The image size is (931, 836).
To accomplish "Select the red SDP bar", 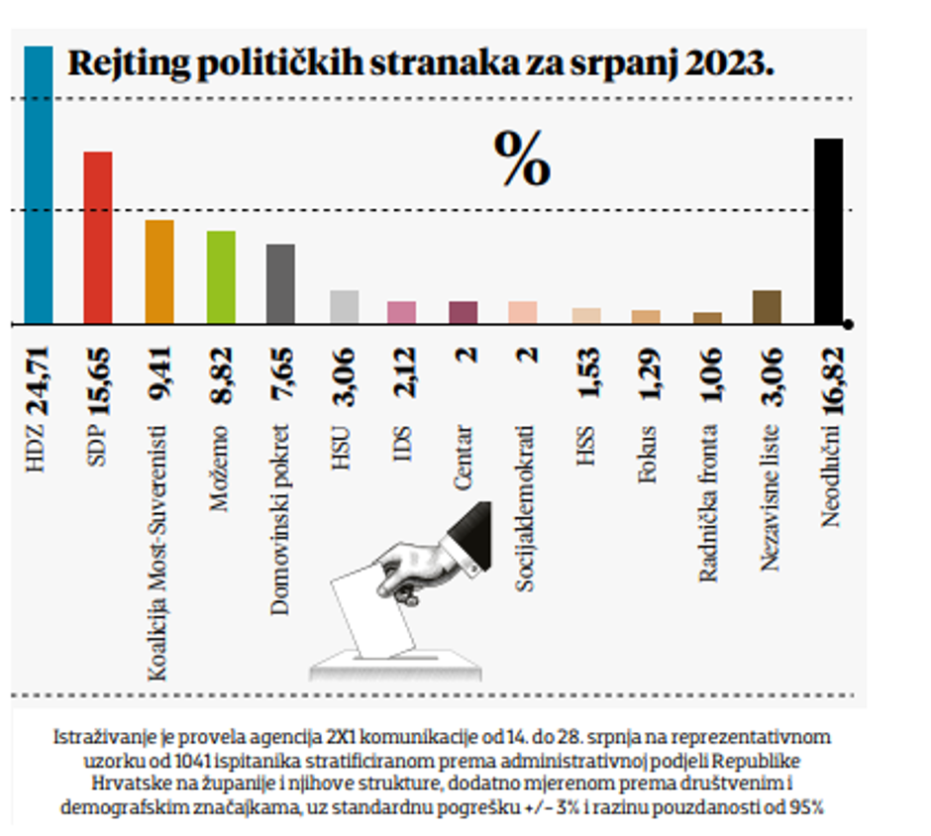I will tap(97, 238).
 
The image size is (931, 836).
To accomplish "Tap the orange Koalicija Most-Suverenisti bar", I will tap(159, 271).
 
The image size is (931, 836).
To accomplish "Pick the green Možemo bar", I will tap(220, 277).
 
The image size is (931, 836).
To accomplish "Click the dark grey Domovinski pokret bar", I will tap(280, 283).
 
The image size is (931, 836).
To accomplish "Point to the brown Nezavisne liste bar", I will tap(767, 307).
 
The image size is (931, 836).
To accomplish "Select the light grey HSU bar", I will tap(344, 307).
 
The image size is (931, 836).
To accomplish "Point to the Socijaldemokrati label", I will tap(526, 508).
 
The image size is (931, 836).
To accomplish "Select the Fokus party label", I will tap(649, 454).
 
